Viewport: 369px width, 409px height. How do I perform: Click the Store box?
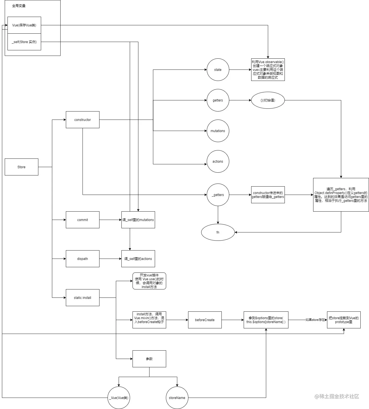coord(21,167)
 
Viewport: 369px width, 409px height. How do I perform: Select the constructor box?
coord(83,120)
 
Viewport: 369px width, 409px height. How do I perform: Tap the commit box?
coord(83,220)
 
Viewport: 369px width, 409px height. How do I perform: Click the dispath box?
coord(83,259)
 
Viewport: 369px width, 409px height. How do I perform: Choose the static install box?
coord(83,298)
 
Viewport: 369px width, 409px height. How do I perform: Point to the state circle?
coord(218,70)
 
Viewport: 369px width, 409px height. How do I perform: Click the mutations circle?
coord(218,131)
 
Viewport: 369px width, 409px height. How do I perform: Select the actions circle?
coord(218,161)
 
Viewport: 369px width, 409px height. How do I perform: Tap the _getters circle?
coord(218,195)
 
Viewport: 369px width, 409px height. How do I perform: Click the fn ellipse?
coord(218,232)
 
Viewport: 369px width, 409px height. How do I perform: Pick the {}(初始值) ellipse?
coord(268,100)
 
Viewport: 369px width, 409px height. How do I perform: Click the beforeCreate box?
coord(205,320)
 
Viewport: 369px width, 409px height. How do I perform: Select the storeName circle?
coord(177,398)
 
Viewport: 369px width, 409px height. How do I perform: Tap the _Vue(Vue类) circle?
coord(119,398)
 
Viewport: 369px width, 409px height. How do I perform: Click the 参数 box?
coord(149,359)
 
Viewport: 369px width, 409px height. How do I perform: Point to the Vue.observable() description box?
coord(268,70)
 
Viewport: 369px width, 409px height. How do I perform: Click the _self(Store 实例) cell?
coord(24,42)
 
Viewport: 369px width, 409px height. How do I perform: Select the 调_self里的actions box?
coord(138,259)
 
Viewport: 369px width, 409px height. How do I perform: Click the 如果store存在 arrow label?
coord(315,320)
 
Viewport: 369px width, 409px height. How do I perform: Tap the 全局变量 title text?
coord(19,6)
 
